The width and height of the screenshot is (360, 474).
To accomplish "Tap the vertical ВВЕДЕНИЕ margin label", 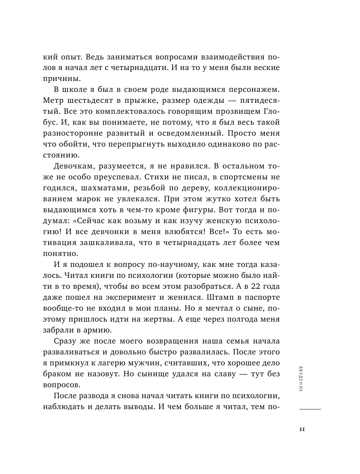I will [x=300, y=378].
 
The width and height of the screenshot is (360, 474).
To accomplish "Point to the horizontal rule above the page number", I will [x=310, y=409].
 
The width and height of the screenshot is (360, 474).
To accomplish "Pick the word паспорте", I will [x=261, y=297].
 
